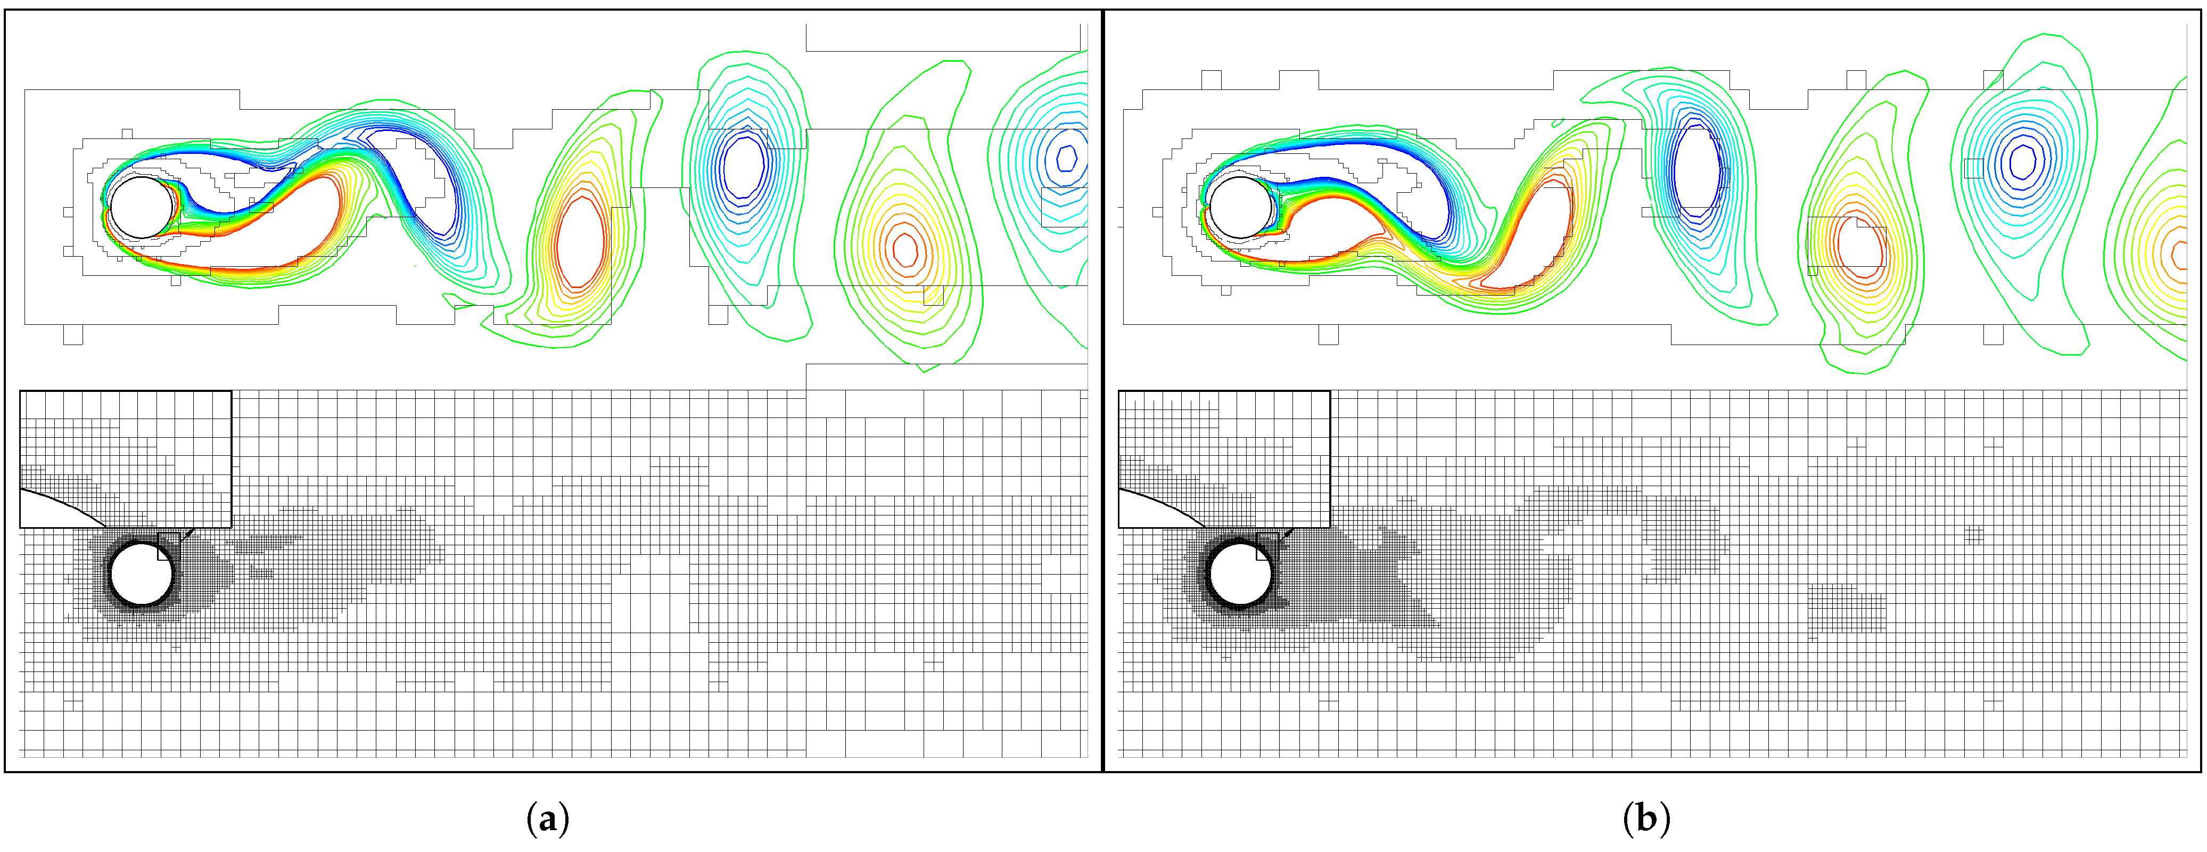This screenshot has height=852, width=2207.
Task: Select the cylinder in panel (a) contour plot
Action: pos(142,208)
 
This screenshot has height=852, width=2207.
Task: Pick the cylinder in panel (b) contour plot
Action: pos(1241,208)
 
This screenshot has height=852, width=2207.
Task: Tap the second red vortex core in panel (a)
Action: pos(905,249)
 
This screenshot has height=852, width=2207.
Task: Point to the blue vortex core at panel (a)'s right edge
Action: pos(1066,158)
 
